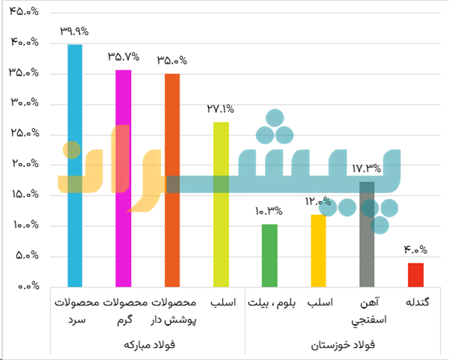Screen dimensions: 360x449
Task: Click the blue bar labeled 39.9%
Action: tap(74, 165)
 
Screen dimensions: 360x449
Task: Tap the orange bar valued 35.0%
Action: tap(172, 180)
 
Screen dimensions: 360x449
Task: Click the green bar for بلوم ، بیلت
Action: tap(269, 255)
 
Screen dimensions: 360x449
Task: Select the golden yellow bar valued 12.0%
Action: tap(319, 250)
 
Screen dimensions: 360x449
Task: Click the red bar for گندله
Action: tap(416, 275)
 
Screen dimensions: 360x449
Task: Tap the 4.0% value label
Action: tap(416, 250)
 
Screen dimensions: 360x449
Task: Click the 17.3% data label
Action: tap(367, 169)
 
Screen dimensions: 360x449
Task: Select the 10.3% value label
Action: tap(269, 211)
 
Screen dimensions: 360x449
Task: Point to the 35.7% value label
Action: tap(123, 56)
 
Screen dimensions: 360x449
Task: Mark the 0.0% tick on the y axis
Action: tap(27, 287)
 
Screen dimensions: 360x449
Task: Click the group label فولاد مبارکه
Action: tap(147, 346)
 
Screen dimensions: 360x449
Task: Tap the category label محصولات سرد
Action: tap(75, 311)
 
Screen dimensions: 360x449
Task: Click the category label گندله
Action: tap(416, 303)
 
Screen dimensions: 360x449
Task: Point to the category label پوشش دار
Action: tap(173, 320)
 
